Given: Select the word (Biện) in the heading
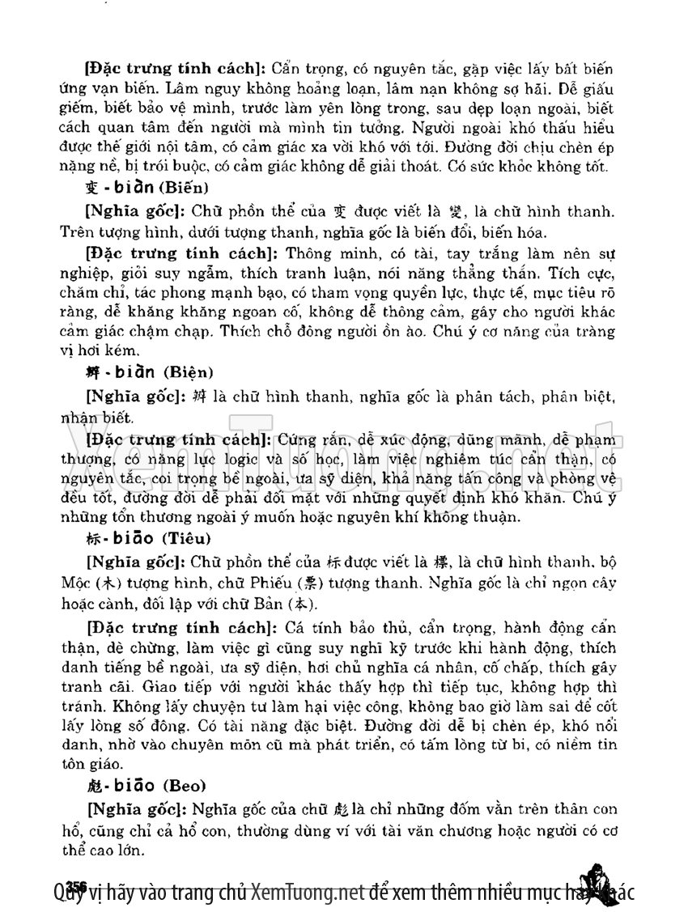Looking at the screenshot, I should pyautogui.click(x=189, y=373).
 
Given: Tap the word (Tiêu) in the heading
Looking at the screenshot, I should pyautogui.click(x=189, y=537).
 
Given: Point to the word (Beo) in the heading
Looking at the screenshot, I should pyautogui.click(x=185, y=785).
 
